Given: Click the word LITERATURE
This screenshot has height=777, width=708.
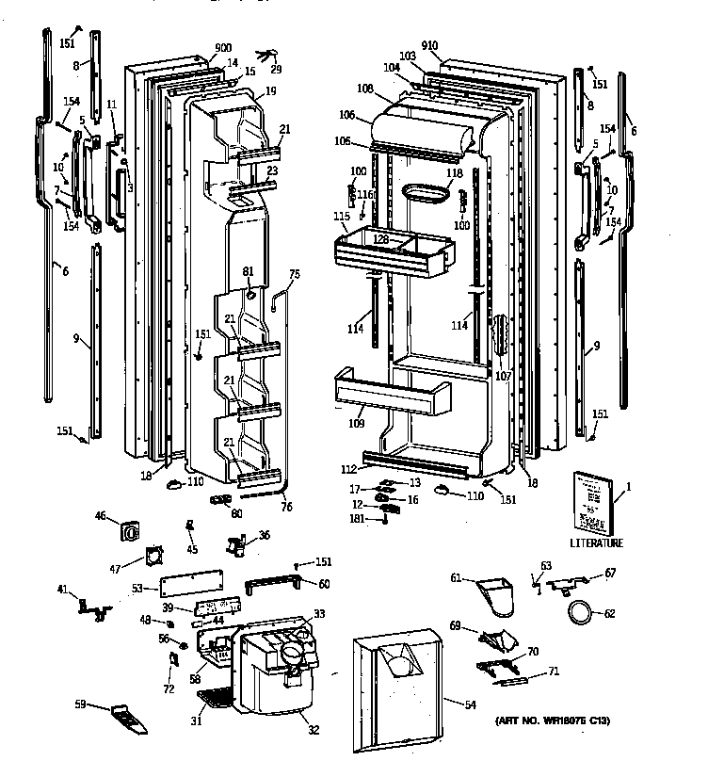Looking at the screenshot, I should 596,543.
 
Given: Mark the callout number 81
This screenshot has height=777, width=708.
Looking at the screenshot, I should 249,272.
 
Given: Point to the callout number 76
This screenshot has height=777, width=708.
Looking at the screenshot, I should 286,508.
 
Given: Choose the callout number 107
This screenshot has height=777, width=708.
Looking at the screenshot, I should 503,376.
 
